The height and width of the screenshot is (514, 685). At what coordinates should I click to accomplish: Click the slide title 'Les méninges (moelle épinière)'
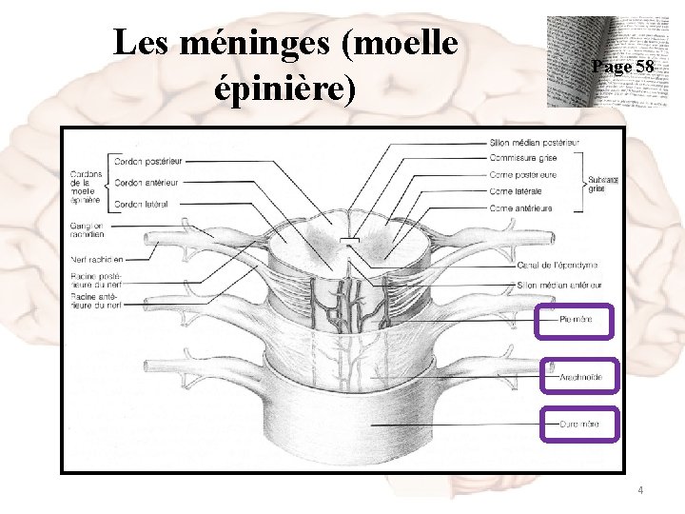(284, 66)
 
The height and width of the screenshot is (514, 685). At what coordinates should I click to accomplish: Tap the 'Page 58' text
(622, 67)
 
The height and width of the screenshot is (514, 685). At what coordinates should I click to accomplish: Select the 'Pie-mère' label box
(577, 320)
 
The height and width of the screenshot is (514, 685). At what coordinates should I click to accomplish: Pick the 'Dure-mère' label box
(579, 424)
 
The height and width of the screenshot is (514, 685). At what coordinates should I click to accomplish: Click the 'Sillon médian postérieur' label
(534, 143)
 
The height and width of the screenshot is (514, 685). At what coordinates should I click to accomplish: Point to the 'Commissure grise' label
(522, 159)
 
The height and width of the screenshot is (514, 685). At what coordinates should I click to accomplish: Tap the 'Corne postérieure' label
(523, 175)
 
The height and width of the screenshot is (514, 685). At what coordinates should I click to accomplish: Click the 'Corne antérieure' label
(520, 208)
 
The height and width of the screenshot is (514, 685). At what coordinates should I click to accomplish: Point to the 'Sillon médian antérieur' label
(561, 284)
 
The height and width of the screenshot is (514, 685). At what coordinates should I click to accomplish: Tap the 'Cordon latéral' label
(142, 204)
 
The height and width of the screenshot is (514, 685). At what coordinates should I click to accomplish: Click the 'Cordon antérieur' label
(147, 182)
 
